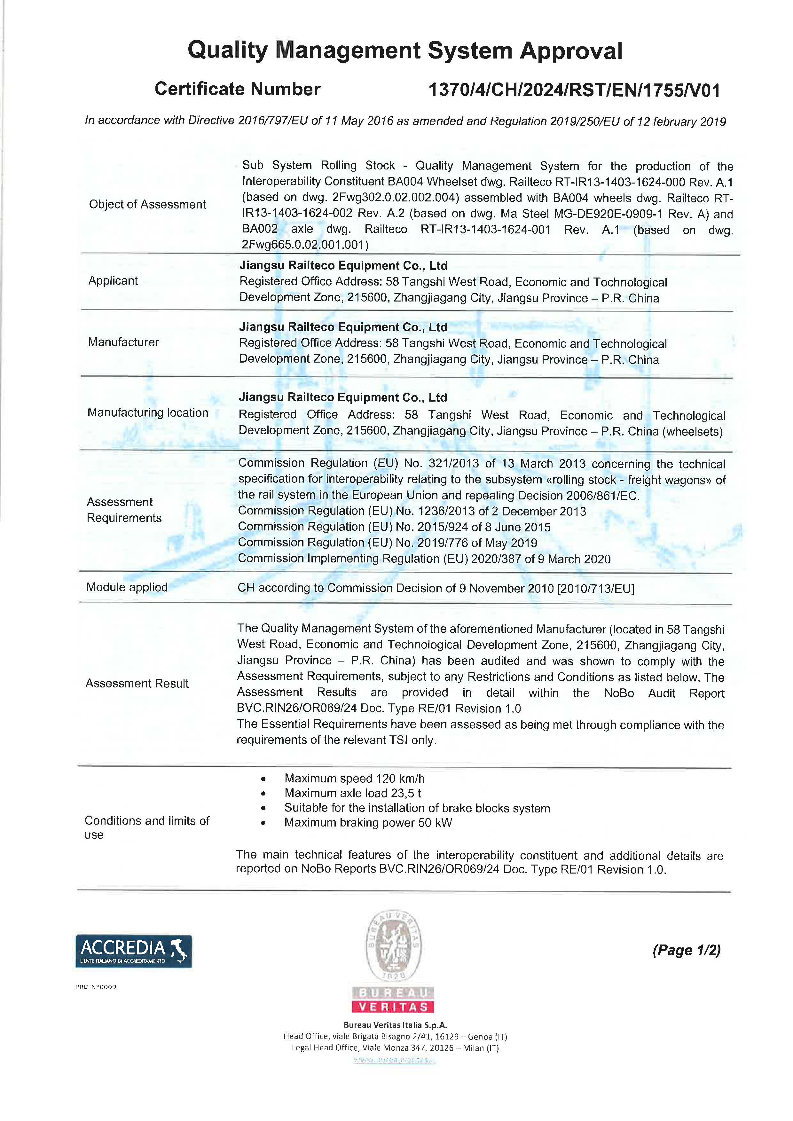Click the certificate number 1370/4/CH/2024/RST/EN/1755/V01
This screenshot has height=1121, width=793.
point(574,90)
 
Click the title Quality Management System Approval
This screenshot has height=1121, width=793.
point(405,51)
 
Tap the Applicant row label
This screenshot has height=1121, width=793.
point(113,281)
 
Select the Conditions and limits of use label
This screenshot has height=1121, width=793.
point(146,827)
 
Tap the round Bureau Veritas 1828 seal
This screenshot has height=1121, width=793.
point(394,946)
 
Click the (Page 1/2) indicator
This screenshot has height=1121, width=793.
point(686,950)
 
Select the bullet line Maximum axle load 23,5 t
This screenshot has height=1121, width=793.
point(353,793)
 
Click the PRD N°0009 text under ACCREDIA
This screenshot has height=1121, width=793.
point(96,987)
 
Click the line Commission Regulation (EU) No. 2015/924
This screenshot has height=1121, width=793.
point(394,527)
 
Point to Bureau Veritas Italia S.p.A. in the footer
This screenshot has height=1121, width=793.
point(395,1025)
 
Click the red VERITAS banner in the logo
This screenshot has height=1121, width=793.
point(394,1007)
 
